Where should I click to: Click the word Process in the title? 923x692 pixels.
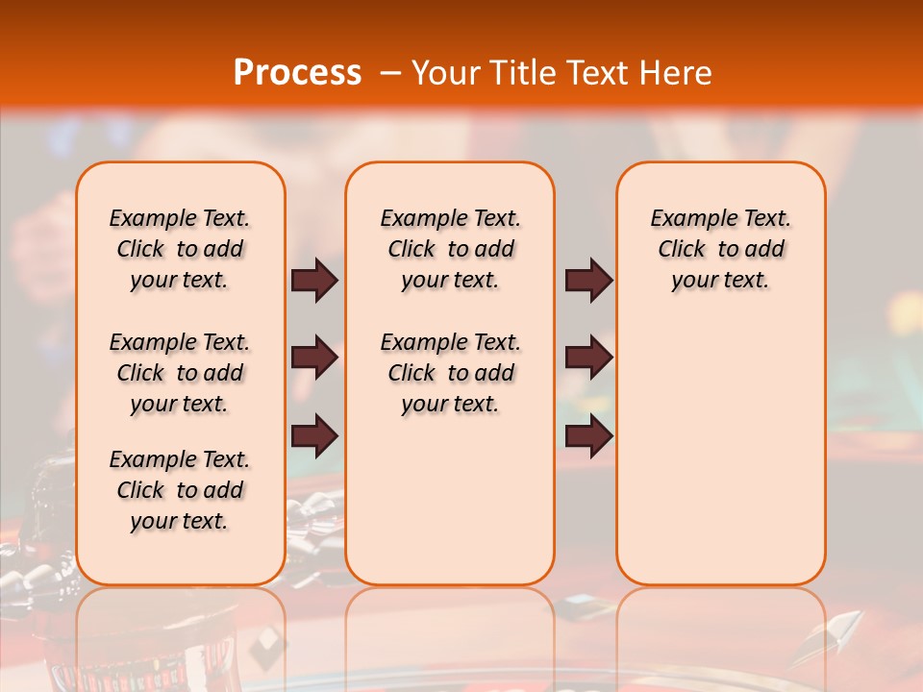click(x=296, y=72)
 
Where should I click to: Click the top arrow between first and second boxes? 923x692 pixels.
click(x=314, y=280)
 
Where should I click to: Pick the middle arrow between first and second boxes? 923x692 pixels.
click(x=314, y=358)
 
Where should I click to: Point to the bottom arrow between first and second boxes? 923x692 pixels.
click(x=314, y=435)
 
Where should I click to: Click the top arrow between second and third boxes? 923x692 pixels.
click(x=588, y=280)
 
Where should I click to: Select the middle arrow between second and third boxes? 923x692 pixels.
click(x=588, y=358)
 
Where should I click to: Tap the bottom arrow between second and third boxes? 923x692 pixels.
click(x=588, y=435)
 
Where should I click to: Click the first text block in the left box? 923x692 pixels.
click(x=180, y=249)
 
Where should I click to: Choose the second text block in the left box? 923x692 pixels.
click(x=180, y=373)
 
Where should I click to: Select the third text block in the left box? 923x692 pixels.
click(x=180, y=490)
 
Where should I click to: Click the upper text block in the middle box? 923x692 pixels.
click(x=450, y=249)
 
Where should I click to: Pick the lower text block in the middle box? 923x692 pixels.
click(x=450, y=373)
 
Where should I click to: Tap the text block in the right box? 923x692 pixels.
click(x=720, y=249)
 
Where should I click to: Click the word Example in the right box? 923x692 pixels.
click(x=685, y=219)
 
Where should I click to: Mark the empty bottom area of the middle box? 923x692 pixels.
click(x=450, y=509)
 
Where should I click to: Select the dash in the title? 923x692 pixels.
click(x=389, y=72)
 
